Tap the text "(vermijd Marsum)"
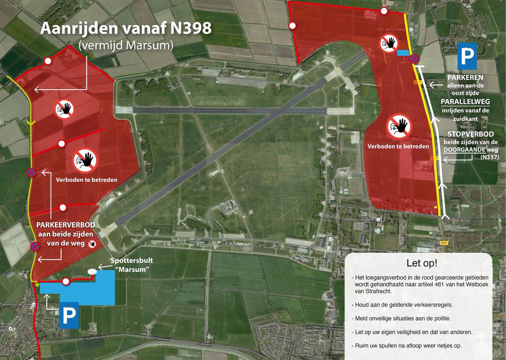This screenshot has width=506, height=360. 125,46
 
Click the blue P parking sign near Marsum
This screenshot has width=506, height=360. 69,314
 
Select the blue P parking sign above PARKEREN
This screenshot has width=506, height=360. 468,56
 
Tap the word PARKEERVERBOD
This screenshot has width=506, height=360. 68,225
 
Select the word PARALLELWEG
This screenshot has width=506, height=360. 462,102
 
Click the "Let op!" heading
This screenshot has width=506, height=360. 422,263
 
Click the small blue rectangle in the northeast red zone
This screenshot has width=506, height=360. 403,53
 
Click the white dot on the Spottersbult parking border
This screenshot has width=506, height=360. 66,281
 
